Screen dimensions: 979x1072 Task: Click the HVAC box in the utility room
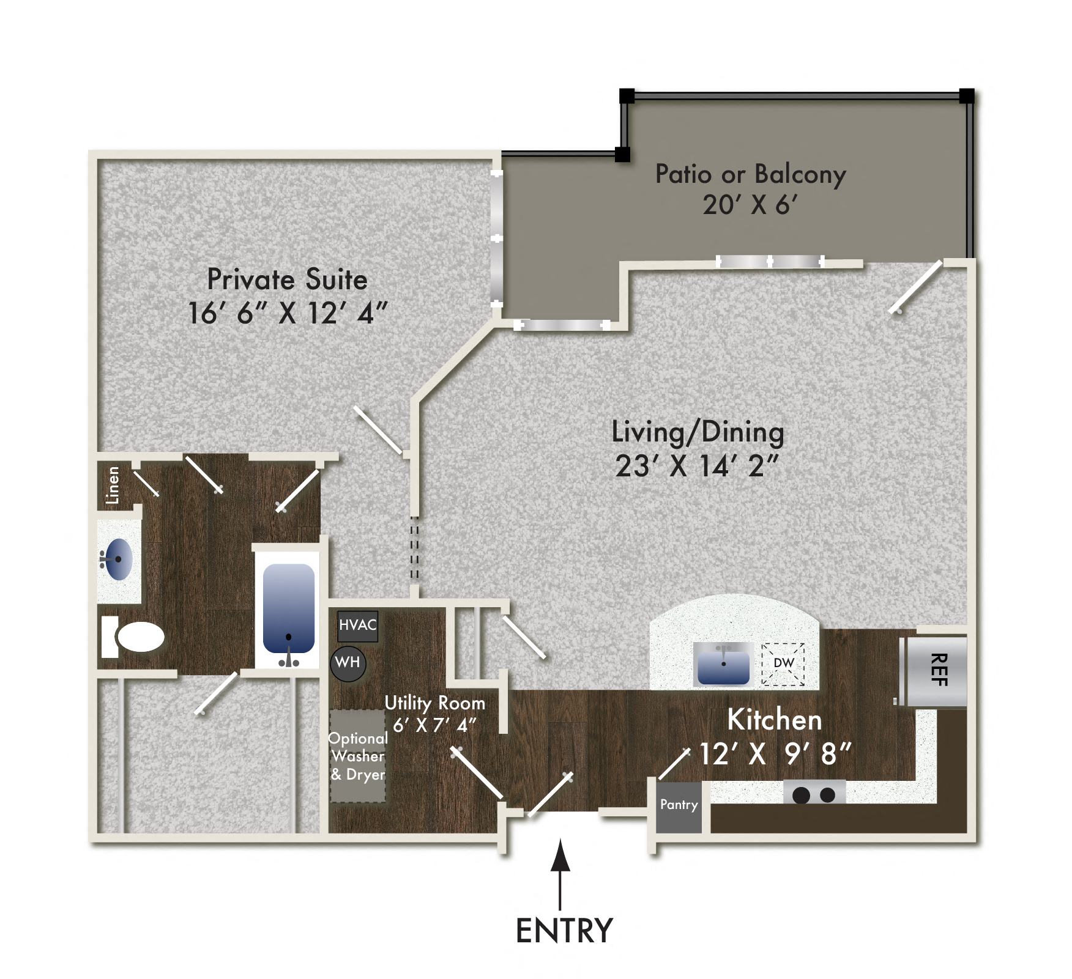358,626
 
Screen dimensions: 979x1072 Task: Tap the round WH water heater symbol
348,663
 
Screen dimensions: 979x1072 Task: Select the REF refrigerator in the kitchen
937,671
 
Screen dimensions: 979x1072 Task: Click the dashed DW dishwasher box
783,664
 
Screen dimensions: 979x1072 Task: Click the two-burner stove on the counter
814,794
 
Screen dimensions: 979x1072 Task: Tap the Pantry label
679,805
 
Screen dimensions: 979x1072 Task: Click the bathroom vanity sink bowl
119,559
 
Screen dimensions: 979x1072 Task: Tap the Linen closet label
113,486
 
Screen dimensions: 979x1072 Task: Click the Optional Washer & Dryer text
358,756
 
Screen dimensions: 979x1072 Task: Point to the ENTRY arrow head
560,855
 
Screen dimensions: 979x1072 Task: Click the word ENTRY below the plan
564,931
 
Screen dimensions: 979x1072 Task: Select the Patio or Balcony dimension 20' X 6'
750,205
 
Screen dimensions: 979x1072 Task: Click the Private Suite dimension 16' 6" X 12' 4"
288,314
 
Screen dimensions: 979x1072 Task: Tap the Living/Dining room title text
698,432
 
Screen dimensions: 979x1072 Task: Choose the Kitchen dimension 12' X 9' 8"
775,754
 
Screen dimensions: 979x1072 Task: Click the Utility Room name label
434,703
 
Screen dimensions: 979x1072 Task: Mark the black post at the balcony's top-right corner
966,96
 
